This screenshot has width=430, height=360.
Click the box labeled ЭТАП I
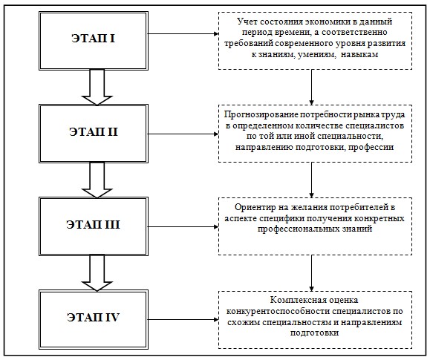(94, 41)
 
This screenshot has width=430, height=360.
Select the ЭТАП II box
(94, 134)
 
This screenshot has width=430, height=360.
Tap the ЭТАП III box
(94, 226)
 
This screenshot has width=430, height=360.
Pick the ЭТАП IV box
(94, 320)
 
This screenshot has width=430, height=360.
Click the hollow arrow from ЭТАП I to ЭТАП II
(97, 87)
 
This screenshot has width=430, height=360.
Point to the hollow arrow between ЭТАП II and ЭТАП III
(97, 180)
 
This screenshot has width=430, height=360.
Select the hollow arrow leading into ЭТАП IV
(97, 273)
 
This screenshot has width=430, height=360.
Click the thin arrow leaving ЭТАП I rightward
(183, 33)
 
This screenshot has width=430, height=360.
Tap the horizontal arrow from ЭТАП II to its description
(183, 134)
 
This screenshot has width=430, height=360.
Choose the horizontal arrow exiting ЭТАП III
(183, 226)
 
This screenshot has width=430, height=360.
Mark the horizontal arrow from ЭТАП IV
(183, 319)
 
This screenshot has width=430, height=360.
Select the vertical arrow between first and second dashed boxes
(311, 87)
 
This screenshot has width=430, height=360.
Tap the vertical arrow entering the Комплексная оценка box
(311, 273)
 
